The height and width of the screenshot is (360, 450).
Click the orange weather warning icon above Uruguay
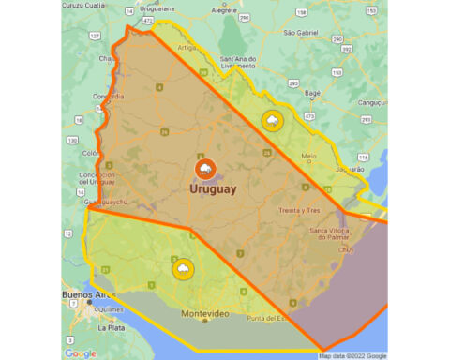coord(204,169)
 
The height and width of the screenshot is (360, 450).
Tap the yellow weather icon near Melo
coord(272,121)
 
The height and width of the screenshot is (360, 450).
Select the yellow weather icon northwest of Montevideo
coord(182,270)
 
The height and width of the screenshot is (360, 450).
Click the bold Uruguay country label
coord(213,189)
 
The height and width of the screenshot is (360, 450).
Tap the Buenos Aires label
coord(82,296)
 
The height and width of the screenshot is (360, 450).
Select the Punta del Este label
coord(272,320)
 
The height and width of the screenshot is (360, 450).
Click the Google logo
coord(81,352)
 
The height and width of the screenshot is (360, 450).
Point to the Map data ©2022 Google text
coord(352,355)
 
